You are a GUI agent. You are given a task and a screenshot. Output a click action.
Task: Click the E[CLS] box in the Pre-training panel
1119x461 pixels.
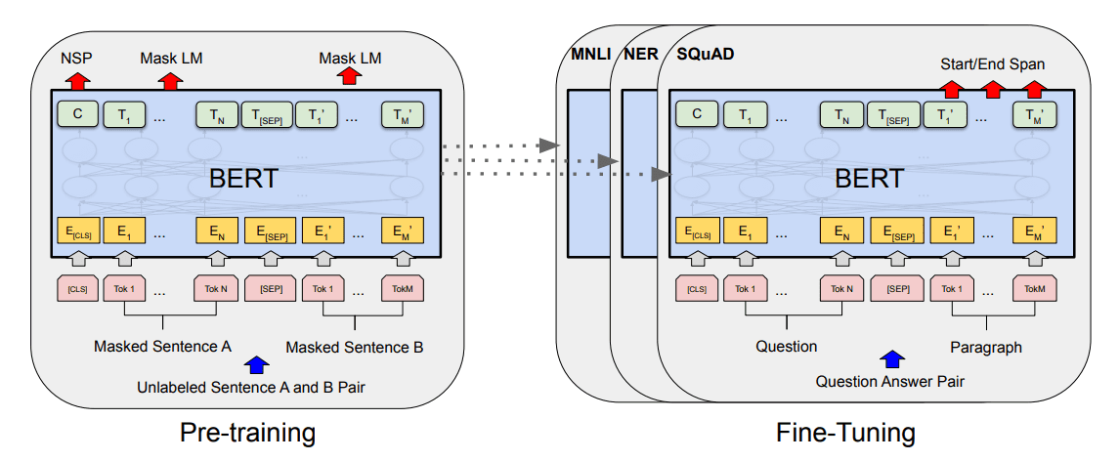(76, 233)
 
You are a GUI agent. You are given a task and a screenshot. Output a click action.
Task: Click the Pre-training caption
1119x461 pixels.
(248, 432)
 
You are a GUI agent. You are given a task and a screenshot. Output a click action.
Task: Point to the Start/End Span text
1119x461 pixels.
(992, 64)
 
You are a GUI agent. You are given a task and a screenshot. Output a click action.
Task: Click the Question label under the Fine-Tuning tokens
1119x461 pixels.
(786, 346)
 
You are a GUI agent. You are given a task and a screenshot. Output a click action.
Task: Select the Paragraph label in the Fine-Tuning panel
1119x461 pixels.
(986, 346)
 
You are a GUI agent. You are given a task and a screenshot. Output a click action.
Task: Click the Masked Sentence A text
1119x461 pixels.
(161, 346)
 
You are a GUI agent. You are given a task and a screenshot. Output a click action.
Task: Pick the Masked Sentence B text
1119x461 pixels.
(355, 346)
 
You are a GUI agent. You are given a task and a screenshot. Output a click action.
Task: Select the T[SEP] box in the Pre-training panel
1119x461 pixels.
(266, 115)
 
